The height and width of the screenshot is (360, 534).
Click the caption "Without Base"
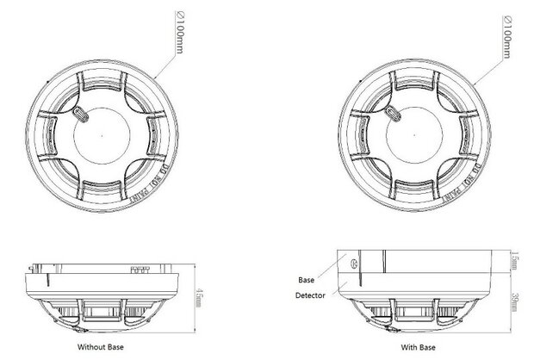tap(103, 347)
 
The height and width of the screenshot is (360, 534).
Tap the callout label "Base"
tap(306, 280)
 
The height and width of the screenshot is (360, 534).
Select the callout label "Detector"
tap(311, 296)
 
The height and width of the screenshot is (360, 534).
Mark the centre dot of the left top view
tap(102, 135)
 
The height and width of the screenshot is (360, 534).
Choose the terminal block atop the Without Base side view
tap(140, 268)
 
